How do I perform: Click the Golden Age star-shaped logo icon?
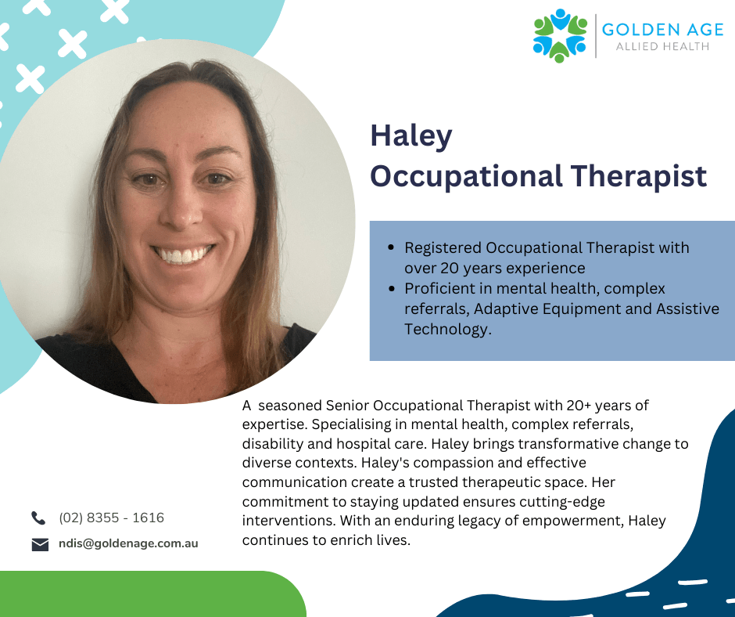click(x=560, y=36)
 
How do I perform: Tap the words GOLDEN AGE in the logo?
click(x=662, y=30)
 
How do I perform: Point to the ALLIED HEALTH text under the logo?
click(x=662, y=46)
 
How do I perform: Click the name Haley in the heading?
click(x=411, y=136)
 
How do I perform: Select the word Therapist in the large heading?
click(x=639, y=176)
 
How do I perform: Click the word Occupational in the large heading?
click(x=466, y=178)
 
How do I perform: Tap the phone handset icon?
click(x=38, y=518)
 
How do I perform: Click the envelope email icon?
click(x=40, y=544)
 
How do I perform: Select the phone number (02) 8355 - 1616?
click(x=112, y=518)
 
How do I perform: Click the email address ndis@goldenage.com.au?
click(x=128, y=543)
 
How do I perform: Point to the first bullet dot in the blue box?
click(x=392, y=247)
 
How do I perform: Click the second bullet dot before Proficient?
click(x=392, y=288)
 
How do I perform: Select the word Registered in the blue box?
click(x=443, y=248)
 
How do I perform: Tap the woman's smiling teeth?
click(x=183, y=255)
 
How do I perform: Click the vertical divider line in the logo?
click(x=596, y=36)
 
